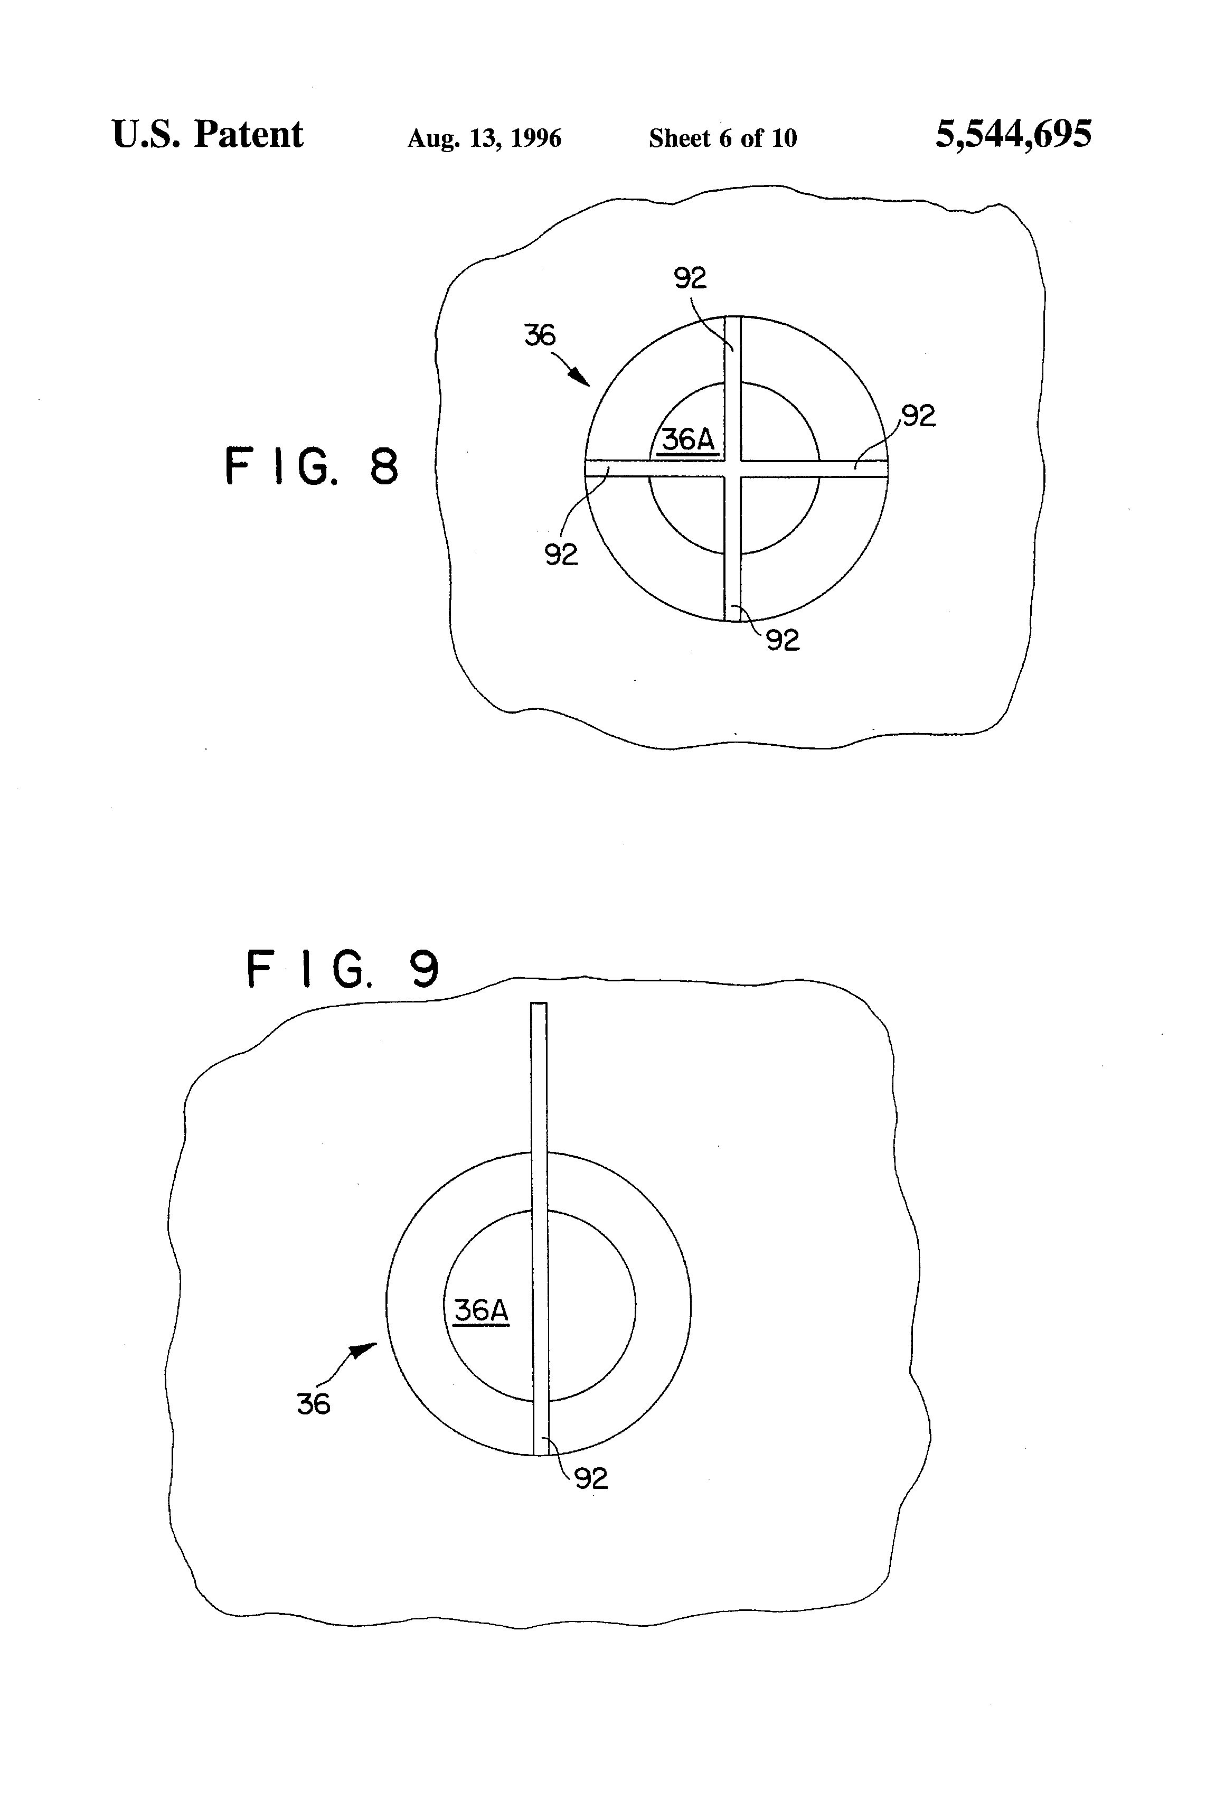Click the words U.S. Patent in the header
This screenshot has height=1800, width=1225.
207,135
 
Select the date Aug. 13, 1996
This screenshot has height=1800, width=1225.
484,138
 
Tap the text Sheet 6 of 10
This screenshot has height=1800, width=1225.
722,138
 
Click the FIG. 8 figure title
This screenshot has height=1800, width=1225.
312,466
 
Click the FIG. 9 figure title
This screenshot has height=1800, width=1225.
342,969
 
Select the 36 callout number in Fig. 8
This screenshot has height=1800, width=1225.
540,335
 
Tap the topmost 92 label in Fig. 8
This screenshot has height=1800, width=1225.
690,277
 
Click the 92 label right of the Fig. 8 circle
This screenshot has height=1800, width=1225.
918,416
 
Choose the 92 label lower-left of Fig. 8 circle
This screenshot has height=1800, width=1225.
561,555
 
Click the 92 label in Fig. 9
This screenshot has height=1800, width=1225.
591,1478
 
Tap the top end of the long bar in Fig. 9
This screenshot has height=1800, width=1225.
538,1005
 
